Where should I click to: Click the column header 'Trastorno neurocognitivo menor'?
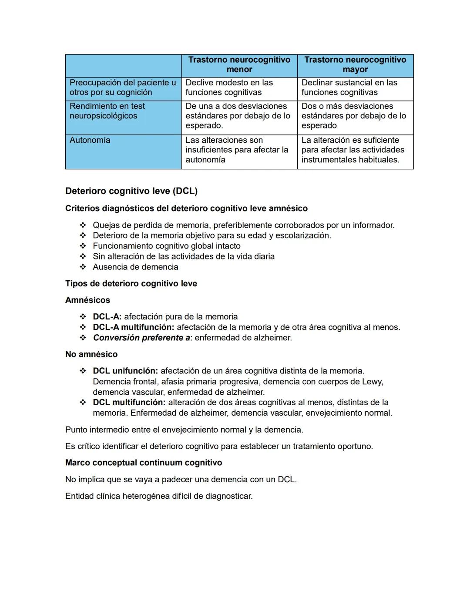239,64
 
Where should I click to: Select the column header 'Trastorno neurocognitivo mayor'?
355,64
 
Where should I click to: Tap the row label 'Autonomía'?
90,140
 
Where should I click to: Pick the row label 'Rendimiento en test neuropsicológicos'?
107,111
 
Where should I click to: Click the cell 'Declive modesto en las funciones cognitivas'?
229,87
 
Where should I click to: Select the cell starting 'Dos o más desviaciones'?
353,116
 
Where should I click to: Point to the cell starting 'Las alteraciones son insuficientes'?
237,150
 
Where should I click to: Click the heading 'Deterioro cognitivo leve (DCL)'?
131,191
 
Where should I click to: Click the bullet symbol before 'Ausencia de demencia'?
83,267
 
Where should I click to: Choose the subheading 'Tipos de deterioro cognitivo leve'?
131,284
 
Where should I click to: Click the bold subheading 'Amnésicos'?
87,300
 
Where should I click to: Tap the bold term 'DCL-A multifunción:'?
133,327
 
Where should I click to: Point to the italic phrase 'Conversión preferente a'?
141,338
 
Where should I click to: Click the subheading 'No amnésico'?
91,354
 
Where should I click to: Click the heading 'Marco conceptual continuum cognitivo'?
144,463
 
